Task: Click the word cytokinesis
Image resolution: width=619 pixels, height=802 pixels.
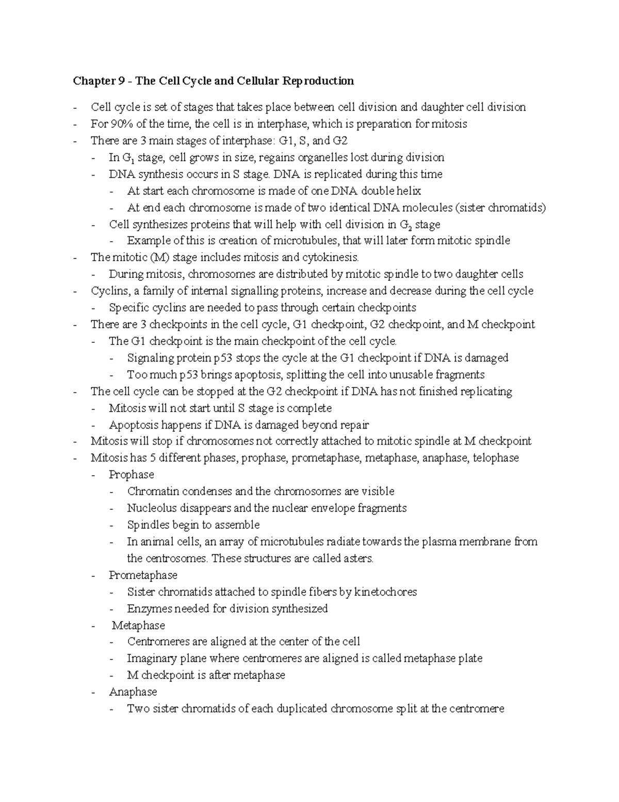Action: click(330, 257)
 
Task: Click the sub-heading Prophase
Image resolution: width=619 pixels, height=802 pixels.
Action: click(131, 475)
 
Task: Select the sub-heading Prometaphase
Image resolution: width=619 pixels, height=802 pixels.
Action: click(143, 575)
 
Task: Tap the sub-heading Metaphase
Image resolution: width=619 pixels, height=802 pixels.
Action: click(138, 625)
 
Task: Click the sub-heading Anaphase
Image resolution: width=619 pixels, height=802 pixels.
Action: click(133, 692)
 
